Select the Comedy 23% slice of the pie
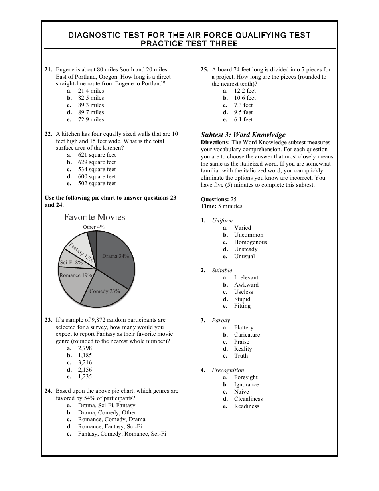105,291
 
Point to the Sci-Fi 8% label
71,263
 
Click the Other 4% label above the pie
94,227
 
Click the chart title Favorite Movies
95,217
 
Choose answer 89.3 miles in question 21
91,105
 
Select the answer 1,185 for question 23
85,355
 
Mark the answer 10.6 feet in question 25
245,98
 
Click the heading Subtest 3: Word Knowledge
243,135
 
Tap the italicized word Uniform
222,220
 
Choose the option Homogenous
250,242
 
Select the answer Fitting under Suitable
242,306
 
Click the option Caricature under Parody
247,335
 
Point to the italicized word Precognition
228,370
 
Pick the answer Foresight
245,377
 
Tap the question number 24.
48,391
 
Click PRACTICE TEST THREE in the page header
189,44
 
